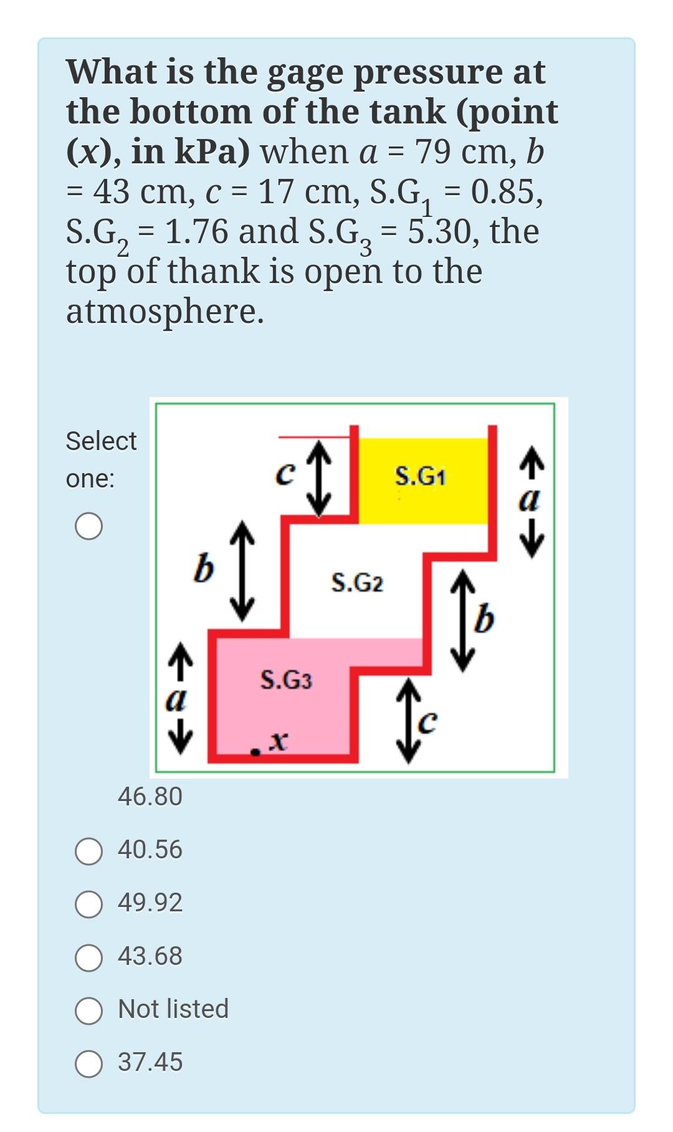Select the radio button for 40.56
pos(88,851)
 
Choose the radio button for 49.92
pos(88,904)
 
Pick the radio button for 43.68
pos(88,957)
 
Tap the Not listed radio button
pos(88,1010)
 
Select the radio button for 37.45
pos(88,1063)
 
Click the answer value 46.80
pos(150,797)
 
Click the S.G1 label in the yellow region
pos(421,477)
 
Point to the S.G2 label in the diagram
pos(357,583)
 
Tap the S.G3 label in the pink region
pos(286,679)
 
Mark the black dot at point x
pos(255,752)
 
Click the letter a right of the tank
pos(530,500)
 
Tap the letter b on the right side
pos(485,619)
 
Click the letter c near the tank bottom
pos(428,722)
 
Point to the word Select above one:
pos(101,441)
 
